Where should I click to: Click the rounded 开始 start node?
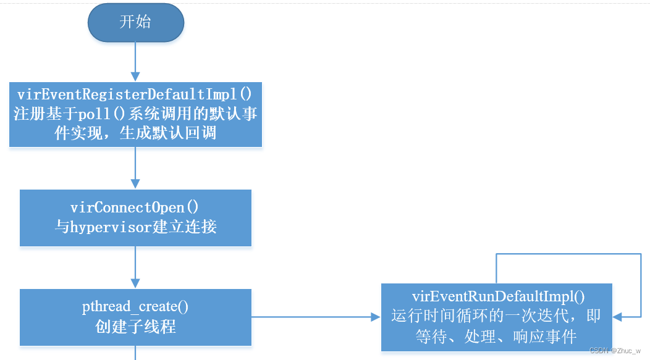(x=135, y=23)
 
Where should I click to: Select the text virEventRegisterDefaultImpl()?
(x=135, y=94)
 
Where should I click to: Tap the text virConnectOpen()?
(x=135, y=207)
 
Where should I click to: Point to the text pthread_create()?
(x=135, y=306)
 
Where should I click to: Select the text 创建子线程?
(x=135, y=327)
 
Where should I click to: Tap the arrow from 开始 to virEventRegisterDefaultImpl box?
(x=134, y=62)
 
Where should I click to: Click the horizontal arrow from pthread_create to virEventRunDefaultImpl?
(x=315, y=317)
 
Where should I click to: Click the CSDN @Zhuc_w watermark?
(x=615, y=350)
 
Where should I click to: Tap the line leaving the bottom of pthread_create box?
(x=134, y=353)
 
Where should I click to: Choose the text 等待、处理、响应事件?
(x=496, y=337)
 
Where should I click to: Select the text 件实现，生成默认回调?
(x=135, y=133)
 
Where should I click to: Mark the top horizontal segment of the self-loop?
(x=568, y=253)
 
